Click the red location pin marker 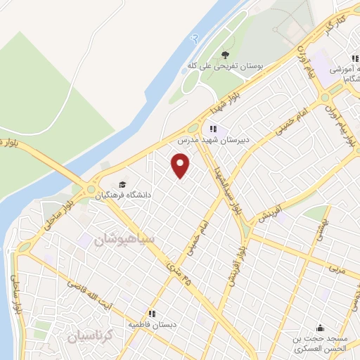coord(181,165)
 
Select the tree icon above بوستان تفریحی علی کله coord(225,54)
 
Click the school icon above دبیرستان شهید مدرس coord(213,129)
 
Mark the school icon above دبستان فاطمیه coord(150,314)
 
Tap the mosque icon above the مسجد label coord(321,327)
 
